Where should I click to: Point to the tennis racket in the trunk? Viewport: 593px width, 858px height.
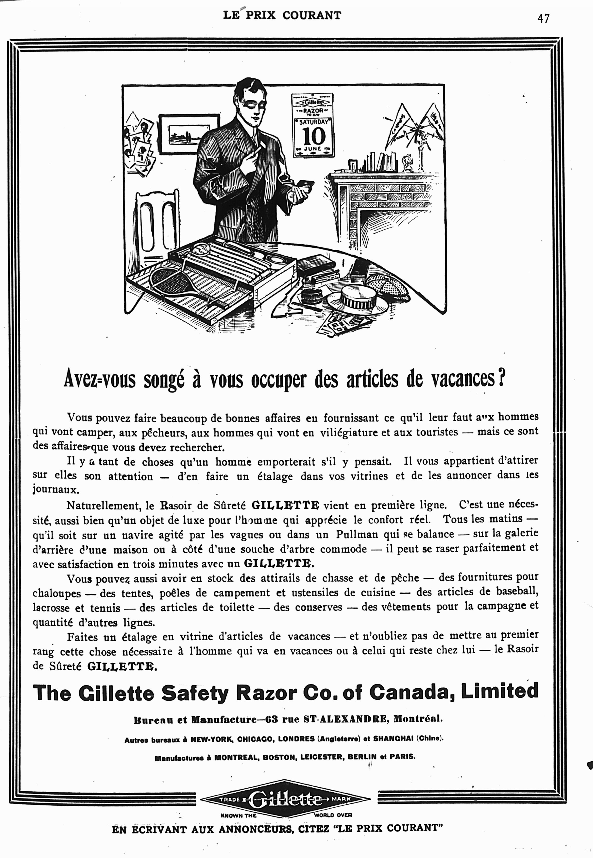pyautogui.click(x=175, y=283)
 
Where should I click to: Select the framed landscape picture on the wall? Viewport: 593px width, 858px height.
pyautogui.click(x=189, y=134)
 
